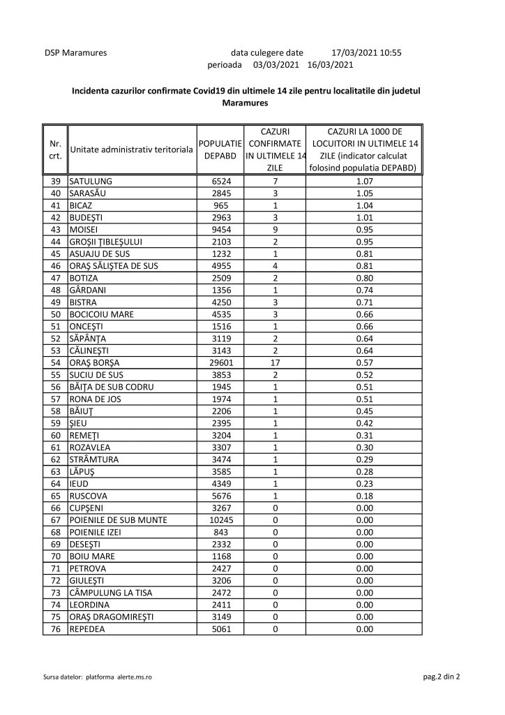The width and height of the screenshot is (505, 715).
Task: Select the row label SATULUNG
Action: tap(92, 181)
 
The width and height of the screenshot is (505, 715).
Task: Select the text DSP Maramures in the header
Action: tap(75, 52)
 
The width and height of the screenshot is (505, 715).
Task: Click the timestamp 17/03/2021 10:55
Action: tap(366, 52)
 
